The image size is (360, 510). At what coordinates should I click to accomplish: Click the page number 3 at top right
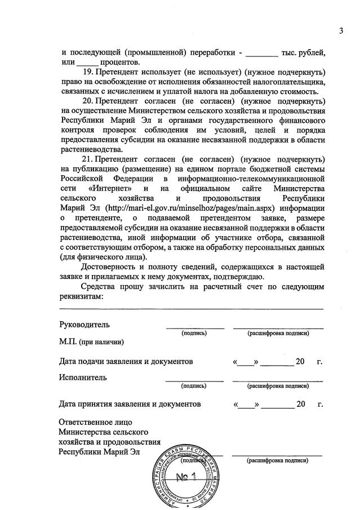click(x=341, y=30)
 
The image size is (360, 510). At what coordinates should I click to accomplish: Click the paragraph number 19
click(x=88, y=73)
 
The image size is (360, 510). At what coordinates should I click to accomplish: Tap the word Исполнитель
click(x=83, y=377)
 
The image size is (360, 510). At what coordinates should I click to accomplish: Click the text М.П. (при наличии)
click(x=91, y=342)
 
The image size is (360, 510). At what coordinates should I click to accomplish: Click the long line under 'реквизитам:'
click(x=192, y=309)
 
